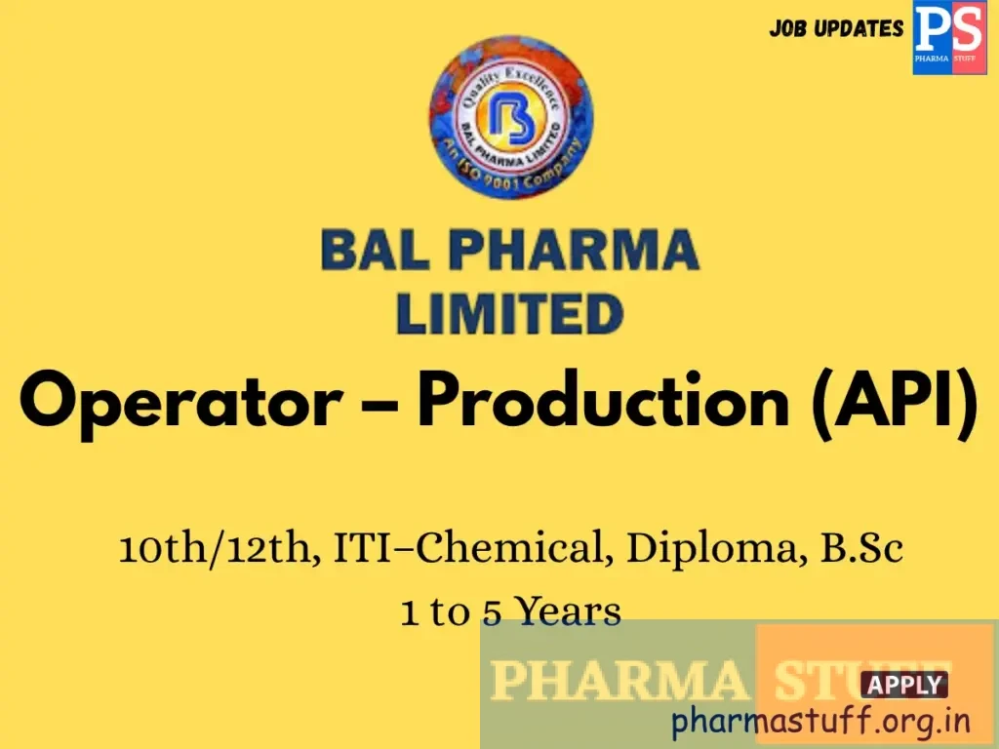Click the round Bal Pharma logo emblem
point(510,118)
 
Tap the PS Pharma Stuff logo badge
point(948,37)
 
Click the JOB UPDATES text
point(836,28)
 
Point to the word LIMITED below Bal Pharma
point(509,314)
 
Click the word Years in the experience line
point(568,611)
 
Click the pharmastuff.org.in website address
point(821,722)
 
